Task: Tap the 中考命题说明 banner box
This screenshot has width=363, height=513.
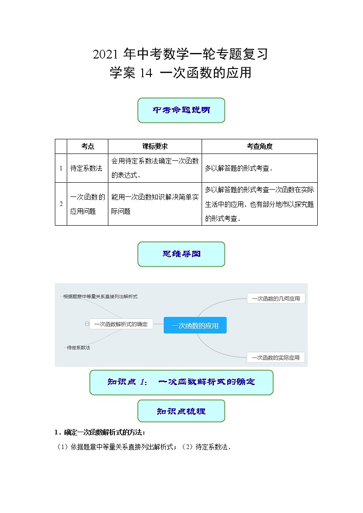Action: click(x=181, y=110)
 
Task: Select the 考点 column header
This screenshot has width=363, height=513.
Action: click(x=87, y=146)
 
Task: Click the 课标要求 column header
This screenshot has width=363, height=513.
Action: click(x=155, y=146)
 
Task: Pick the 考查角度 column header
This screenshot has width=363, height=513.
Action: click(x=259, y=146)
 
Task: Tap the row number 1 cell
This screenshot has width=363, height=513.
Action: click(x=61, y=168)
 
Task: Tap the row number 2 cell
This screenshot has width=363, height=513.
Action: click(x=61, y=204)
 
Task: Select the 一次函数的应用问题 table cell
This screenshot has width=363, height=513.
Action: click(x=87, y=204)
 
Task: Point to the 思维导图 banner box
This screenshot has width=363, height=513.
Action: click(x=181, y=254)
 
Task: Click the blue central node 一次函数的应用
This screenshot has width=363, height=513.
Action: click(x=195, y=326)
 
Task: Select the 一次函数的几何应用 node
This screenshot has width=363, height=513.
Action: click(x=276, y=298)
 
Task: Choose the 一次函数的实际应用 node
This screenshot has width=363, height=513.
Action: click(x=276, y=357)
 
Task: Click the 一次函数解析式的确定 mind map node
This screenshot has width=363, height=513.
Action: click(x=121, y=324)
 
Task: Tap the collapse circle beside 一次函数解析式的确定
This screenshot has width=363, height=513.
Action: click(x=86, y=324)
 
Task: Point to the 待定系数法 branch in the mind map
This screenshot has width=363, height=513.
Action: click(x=78, y=348)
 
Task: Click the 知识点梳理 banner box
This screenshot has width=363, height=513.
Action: click(x=181, y=411)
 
